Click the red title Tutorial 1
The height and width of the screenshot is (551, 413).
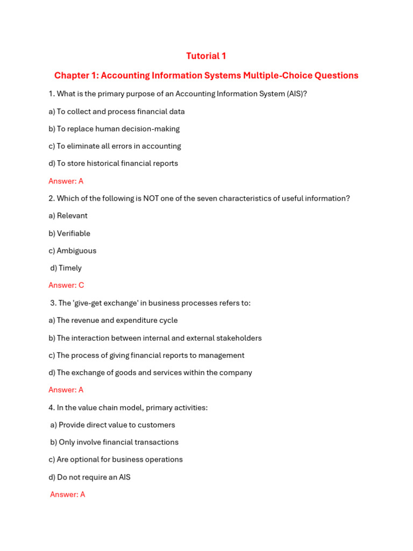click(206, 56)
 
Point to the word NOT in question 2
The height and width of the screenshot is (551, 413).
click(151, 198)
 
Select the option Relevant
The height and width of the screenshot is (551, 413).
click(72, 216)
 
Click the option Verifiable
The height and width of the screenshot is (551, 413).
click(73, 234)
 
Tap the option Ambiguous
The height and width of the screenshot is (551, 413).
click(76, 251)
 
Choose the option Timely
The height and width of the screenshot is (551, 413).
click(70, 268)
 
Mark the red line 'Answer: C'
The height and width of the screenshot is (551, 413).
click(66, 285)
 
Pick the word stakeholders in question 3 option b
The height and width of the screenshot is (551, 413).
click(239, 338)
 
